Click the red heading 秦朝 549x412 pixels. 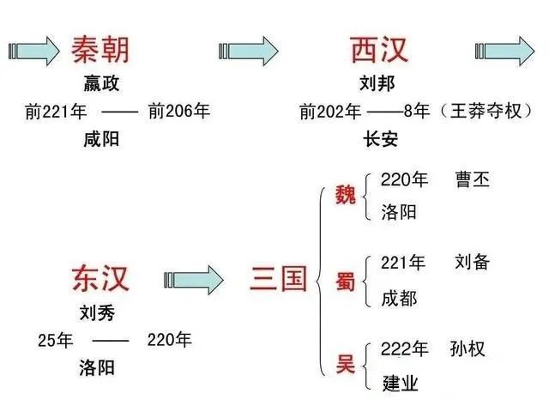(x=100, y=50)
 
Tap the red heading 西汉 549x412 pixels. (x=379, y=50)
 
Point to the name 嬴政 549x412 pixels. (x=101, y=84)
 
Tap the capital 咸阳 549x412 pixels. (x=101, y=140)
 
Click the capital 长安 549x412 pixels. (x=381, y=140)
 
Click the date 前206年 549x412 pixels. (x=178, y=112)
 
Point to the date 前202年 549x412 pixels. (x=330, y=112)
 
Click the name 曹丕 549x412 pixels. (x=474, y=181)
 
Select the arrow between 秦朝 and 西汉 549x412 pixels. (x=249, y=49)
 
